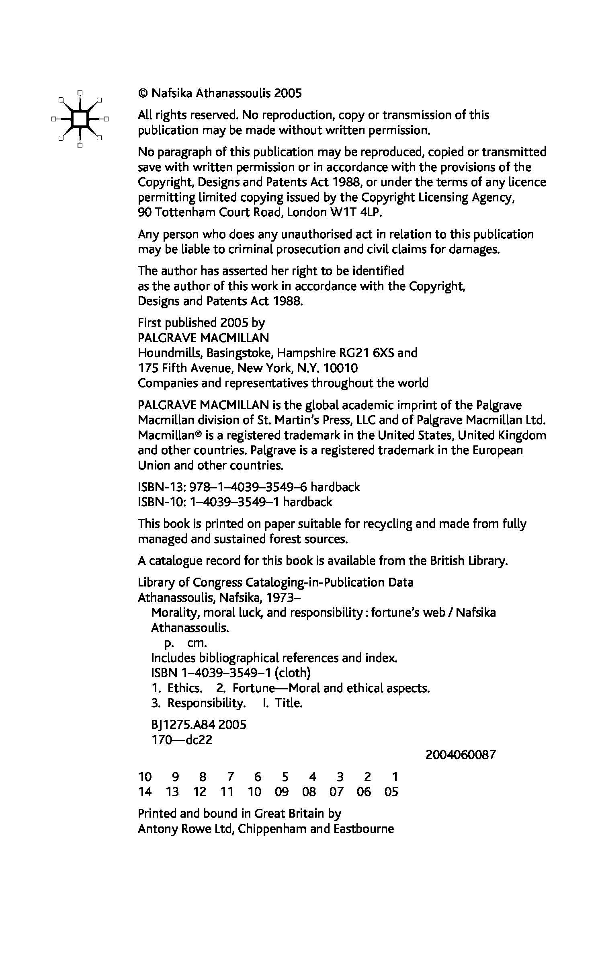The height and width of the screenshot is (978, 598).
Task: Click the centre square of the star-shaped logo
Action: click(80, 119)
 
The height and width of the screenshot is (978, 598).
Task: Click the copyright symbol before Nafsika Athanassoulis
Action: click(143, 94)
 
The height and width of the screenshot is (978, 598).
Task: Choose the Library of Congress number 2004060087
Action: click(461, 755)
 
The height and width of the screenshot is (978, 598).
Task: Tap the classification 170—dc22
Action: click(181, 740)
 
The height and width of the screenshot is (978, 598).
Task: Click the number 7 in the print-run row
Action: click(230, 777)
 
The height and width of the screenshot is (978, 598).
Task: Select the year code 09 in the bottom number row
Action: click(282, 792)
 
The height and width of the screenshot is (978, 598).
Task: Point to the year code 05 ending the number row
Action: click(391, 792)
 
